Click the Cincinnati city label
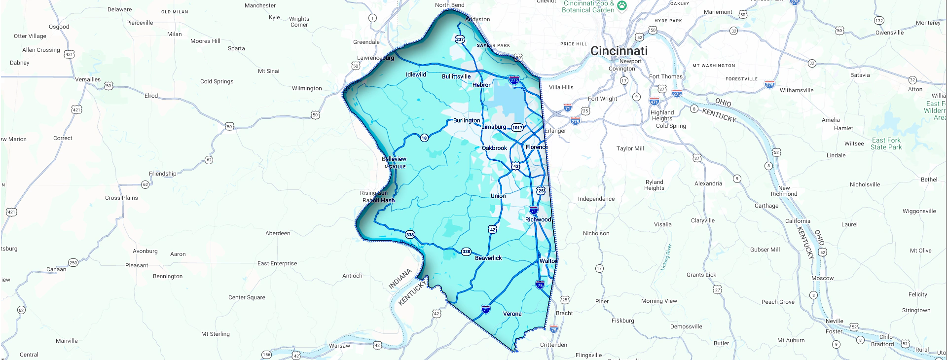coord(619,51)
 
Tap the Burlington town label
coord(466,120)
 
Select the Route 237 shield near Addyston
coord(460,39)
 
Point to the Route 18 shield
coord(424,138)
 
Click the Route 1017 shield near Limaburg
coord(517,127)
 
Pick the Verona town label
coord(512,314)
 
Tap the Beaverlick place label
coord(488,258)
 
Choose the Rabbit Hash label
coord(378,200)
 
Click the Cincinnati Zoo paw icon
coord(622,6)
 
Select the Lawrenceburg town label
coord(375,58)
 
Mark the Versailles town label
coord(88,79)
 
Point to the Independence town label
coord(596,199)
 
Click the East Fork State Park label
coord(886,144)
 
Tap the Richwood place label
coord(538,219)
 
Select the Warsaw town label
coord(339,346)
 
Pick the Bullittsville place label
coord(456,76)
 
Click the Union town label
coord(498,196)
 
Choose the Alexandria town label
coord(708,183)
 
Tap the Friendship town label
coord(162,174)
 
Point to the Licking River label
coord(666,257)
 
